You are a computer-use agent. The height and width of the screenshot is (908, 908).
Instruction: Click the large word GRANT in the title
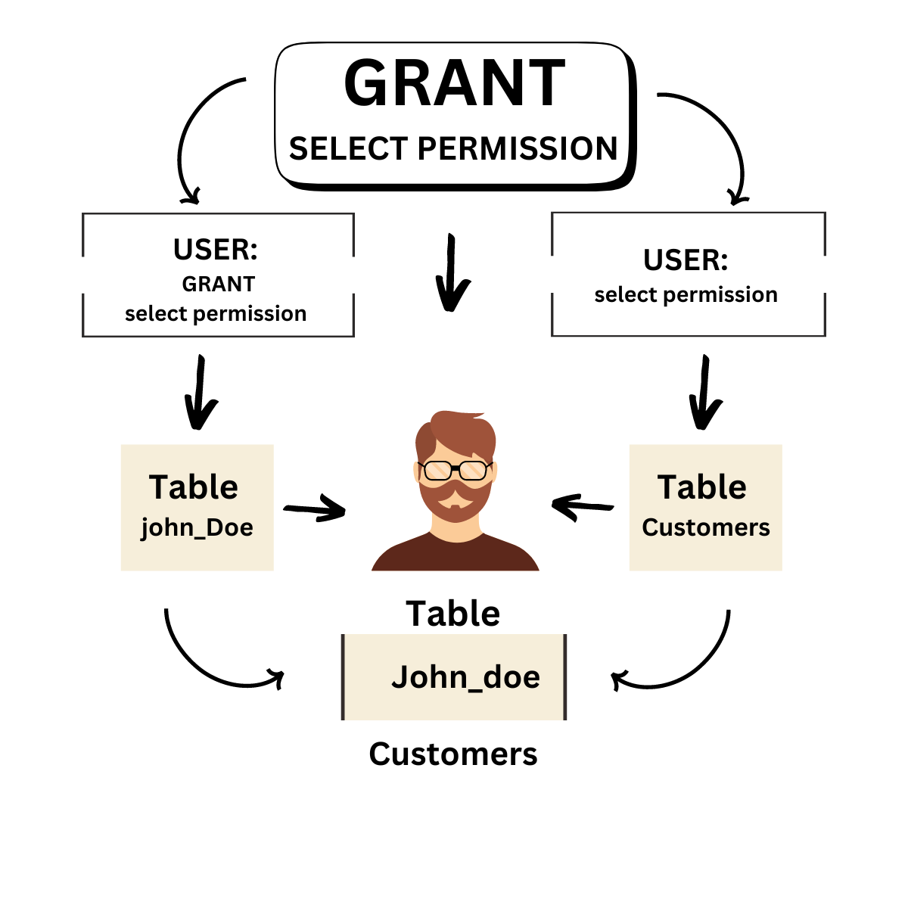tap(454, 83)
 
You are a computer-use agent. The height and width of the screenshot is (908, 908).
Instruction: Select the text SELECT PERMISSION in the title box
tap(454, 148)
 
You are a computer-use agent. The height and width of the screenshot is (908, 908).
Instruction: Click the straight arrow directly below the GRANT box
tap(452, 274)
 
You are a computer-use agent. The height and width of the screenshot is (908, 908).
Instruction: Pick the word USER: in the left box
tap(216, 250)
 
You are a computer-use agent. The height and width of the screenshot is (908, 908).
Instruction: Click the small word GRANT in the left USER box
tap(218, 284)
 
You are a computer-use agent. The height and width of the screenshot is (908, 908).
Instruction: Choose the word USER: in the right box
tap(686, 260)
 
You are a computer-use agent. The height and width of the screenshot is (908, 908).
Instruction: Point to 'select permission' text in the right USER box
tap(686, 294)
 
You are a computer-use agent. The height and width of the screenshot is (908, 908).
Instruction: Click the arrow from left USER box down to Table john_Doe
tap(200, 392)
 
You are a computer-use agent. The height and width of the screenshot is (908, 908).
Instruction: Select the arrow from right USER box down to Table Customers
tap(704, 392)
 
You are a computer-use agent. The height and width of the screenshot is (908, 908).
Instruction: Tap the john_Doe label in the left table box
tap(197, 527)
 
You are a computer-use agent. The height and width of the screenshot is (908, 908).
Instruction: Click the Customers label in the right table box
tap(705, 527)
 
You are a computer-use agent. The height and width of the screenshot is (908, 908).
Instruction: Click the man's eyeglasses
tap(455, 471)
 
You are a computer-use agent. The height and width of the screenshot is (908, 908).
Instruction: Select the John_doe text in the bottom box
tap(465, 677)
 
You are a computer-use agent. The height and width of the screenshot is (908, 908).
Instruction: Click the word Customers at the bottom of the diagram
tap(453, 754)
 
